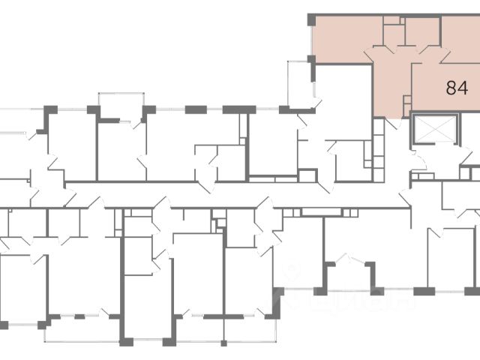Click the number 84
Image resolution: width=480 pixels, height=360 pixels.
(x=457, y=88)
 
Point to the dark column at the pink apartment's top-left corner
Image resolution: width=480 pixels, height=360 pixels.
(x=312, y=19)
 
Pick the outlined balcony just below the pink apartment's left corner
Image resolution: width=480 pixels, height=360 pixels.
(x=300, y=82)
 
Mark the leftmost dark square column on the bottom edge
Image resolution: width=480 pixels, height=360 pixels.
(x=4, y=325)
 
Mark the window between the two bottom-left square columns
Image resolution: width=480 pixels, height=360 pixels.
(x=22, y=325)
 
